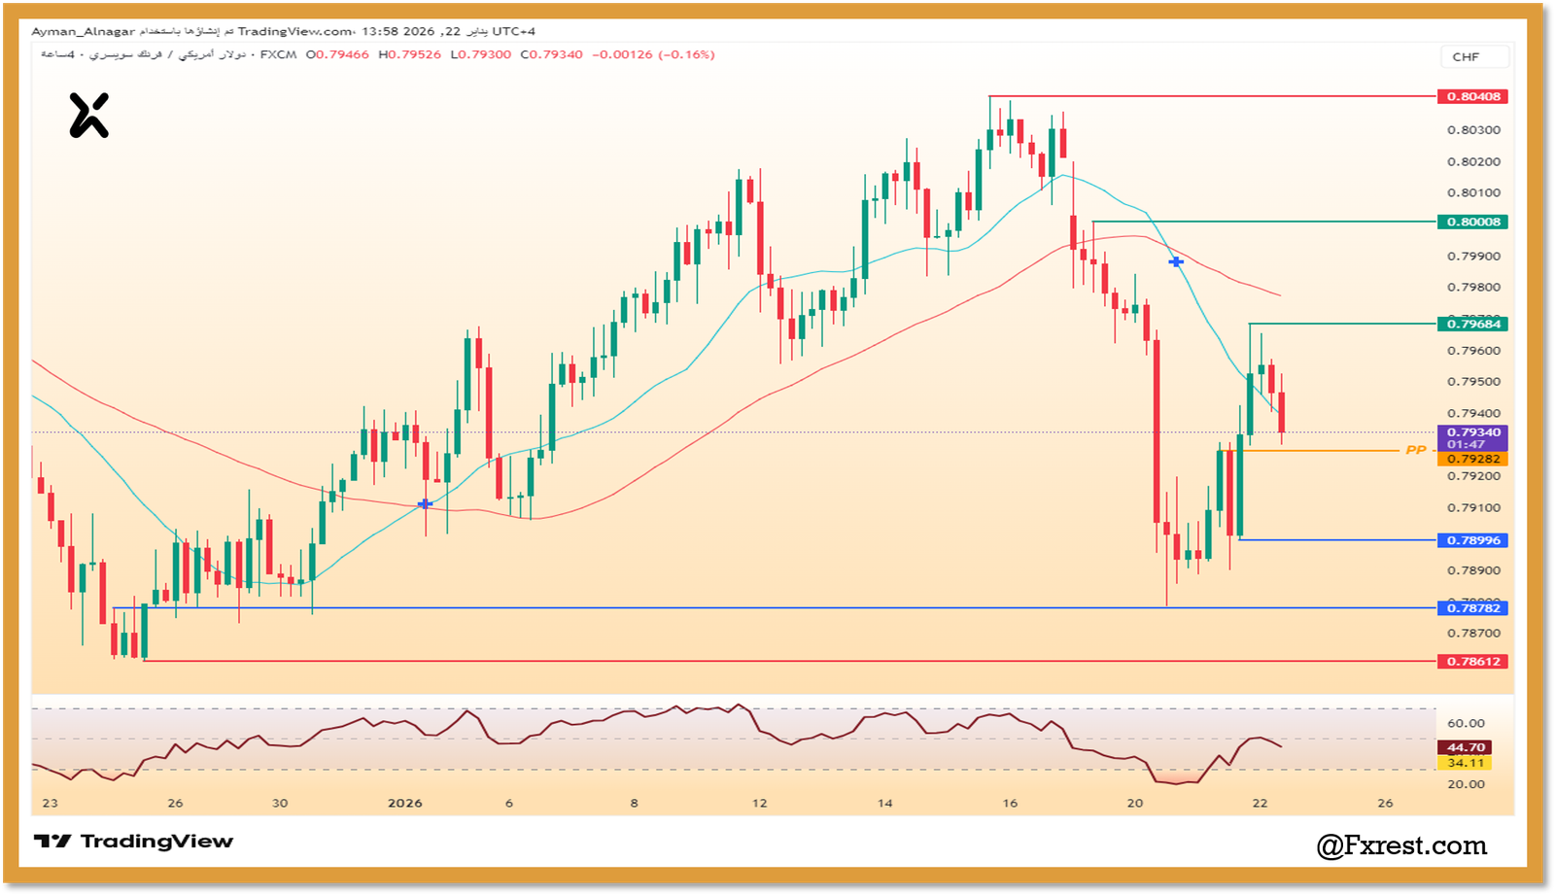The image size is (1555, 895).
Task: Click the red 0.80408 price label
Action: [x=1473, y=96]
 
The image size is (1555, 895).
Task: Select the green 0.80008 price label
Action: [x=1473, y=222]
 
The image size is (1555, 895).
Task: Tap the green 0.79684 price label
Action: [x=1473, y=324]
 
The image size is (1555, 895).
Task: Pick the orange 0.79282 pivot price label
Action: [x=1473, y=459]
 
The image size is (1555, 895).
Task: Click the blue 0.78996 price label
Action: [x=1473, y=540]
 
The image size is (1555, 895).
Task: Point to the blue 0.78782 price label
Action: [x=1473, y=608]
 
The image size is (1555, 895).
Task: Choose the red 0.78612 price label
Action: [x=1473, y=662]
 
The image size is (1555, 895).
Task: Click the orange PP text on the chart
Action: [x=1416, y=450]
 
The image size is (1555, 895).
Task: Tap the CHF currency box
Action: [x=1466, y=57]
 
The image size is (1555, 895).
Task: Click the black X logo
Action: [x=88, y=116]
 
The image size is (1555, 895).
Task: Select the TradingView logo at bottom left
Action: [x=134, y=842]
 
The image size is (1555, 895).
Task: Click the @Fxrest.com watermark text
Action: [x=1401, y=846]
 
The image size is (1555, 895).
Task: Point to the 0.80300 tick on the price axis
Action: [x=1473, y=130]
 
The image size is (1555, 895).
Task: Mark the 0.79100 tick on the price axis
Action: [x=1473, y=508]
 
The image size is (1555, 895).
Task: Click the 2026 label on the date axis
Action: [x=404, y=803]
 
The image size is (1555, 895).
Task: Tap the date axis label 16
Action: [x=1010, y=803]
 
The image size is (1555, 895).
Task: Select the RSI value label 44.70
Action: [x=1466, y=747]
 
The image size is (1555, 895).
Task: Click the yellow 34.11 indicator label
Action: [x=1466, y=763]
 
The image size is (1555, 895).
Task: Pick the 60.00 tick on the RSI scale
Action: [x=1466, y=723]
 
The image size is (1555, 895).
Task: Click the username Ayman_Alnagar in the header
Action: [x=84, y=32]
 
